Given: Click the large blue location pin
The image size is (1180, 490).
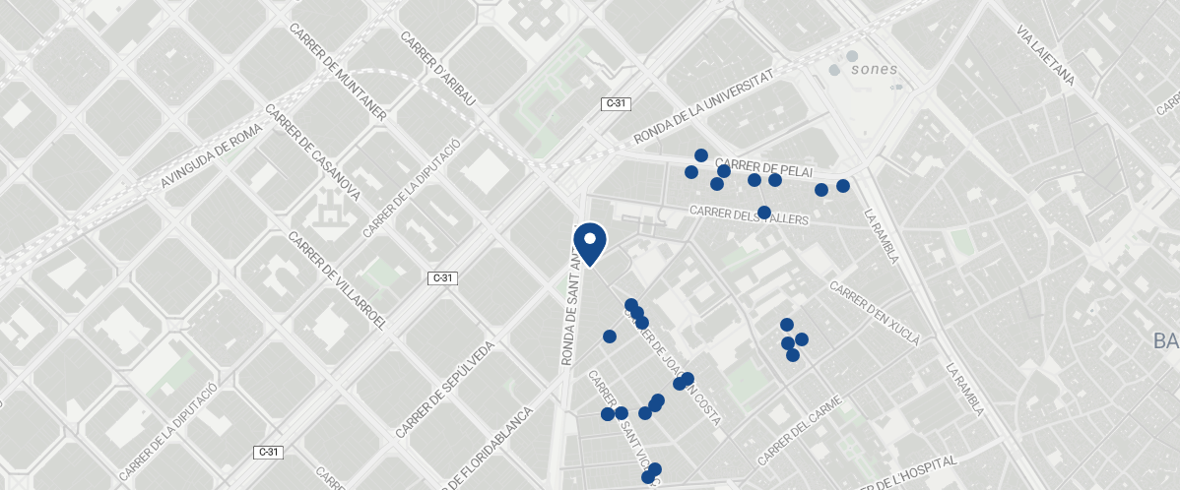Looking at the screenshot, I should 589,243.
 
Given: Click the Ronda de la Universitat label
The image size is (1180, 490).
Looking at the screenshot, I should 704,107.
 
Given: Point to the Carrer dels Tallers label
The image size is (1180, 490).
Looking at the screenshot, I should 749,215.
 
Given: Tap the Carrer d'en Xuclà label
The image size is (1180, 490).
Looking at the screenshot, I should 875,315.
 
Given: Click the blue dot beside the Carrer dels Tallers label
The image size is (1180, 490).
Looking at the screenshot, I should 764,213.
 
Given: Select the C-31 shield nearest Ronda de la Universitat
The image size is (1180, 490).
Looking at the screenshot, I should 616,103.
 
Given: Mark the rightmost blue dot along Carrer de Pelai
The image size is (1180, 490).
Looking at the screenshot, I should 843,186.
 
